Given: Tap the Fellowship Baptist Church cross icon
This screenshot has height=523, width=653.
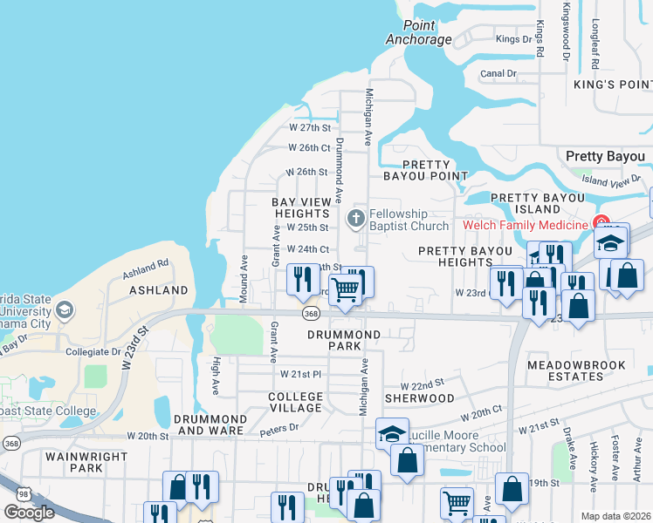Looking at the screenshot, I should (355, 217).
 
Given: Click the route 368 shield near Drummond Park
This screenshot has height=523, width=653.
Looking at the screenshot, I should (310, 313).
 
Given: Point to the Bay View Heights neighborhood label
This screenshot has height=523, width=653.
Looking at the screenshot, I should (304, 207).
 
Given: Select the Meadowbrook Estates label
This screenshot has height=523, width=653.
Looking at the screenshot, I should (565, 370).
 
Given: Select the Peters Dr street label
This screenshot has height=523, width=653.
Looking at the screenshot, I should (279, 427).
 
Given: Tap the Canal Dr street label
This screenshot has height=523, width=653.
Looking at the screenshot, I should (498, 74).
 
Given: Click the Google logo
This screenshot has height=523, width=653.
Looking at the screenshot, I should (29, 513).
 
